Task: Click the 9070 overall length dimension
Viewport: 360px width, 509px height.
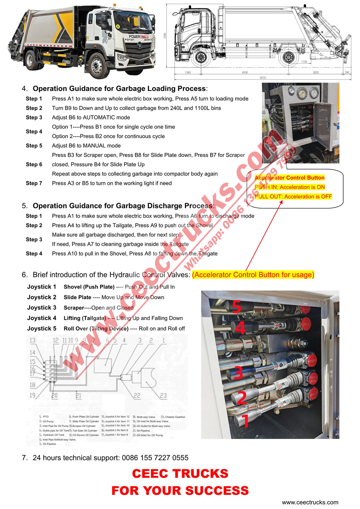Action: (263, 78)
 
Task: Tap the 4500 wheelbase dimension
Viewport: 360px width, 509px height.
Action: (245, 72)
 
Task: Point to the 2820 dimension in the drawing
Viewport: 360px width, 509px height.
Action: (316, 72)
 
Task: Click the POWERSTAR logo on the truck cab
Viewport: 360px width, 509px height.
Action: (139, 37)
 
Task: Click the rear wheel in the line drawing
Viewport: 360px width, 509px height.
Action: (289, 58)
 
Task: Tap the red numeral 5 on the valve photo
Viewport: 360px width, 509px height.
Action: (237, 307)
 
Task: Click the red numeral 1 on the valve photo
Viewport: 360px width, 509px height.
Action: (246, 421)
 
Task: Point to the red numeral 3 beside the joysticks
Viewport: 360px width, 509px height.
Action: (238, 373)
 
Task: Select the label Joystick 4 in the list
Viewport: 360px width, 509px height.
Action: (42, 318)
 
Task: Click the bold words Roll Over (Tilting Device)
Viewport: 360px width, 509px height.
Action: (96, 329)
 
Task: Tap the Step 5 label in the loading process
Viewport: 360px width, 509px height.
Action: (34, 146)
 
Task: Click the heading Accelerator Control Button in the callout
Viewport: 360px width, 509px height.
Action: (289, 178)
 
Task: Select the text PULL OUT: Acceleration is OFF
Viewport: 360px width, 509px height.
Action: (293, 196)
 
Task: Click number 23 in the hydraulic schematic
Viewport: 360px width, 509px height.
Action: (163, 396)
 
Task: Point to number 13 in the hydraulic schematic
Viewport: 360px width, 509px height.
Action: (33, 340)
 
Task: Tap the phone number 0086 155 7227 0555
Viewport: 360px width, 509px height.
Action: (155, 458)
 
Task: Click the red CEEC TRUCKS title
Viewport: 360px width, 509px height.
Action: (180, 473)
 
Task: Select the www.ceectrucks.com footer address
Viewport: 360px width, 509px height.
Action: (310, 502)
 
